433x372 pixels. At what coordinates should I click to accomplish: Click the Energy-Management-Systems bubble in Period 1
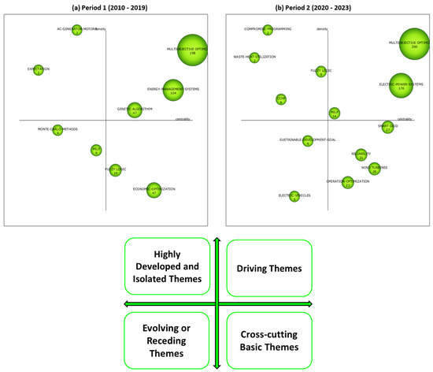[x=173, y=92]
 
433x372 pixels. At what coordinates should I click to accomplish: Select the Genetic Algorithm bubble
[x=135, y=110]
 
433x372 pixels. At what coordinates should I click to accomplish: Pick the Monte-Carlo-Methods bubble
[x=57, y=131]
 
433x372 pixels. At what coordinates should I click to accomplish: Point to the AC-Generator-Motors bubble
[x=77, y=31]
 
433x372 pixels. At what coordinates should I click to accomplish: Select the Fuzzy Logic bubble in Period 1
[x=116, y=169]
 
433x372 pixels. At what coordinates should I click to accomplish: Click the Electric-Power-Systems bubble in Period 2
[x=402, y=87]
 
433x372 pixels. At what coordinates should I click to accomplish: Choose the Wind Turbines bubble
[x=375, y=168]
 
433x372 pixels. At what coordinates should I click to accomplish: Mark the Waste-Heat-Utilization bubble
[x=254, y=58]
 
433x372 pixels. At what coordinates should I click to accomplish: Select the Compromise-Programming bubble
[x=268, y=31]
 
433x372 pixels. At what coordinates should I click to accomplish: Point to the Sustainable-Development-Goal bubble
[x=308, y=142]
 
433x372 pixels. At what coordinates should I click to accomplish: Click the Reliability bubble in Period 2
[x=361, y=155]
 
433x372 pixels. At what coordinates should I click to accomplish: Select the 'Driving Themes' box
[x=269, y=269]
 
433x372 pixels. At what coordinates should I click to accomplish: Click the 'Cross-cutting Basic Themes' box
[x=269, y=339]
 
